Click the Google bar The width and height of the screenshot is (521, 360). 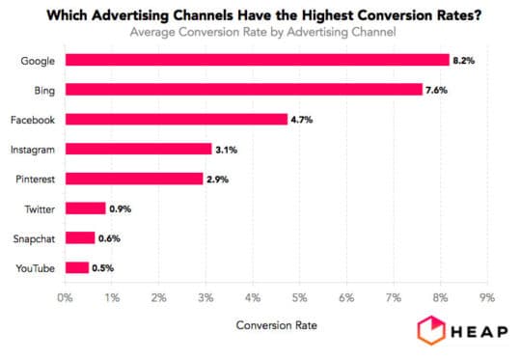click(256, 60)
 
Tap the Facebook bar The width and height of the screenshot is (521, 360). click(175, 120)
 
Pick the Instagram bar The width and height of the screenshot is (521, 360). click(137, 149)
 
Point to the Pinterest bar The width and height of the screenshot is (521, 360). click(133, 179)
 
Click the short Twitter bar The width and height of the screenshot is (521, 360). click(85, 208)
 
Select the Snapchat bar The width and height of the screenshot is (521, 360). click(79, 237)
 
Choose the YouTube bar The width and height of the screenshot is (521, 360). click(76, 267)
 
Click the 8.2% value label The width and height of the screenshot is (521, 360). click(464, 60)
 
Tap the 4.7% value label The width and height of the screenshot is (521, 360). click(303, 120)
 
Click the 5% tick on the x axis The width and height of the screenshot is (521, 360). click(299, 297)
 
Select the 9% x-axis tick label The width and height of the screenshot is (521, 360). click(486, 297)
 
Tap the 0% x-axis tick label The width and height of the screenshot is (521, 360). click(65, 297)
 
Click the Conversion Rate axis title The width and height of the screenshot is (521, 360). click(276, 325)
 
